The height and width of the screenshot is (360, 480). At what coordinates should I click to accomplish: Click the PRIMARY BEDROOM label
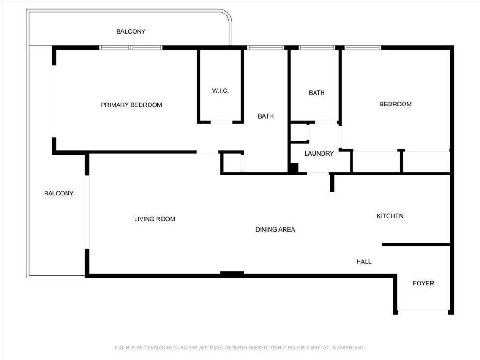[x=131, y=105]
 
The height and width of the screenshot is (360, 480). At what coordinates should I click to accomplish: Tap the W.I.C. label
[x=220, y=91]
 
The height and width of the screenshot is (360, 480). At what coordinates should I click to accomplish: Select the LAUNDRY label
[x=319, y=153]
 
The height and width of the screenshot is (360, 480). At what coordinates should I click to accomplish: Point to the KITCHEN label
[x=390, y=216]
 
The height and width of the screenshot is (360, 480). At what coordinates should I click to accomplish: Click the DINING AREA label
[x=275, y=230]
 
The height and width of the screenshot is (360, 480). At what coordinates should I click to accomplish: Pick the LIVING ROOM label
[x=155, y=219]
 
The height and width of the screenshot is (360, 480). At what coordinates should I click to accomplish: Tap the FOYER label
[x=423, y=283]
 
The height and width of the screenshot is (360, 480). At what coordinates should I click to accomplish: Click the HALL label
[x=364, y=262]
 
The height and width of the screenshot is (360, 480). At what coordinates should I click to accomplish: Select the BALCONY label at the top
[x=131, y=32]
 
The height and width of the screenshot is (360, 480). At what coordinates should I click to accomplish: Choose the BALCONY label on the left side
[x=59, y=193]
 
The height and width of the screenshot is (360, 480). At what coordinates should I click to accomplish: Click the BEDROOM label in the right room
[x=396, y=104]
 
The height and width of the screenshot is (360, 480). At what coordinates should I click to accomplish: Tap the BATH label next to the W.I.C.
[x=266, y=116]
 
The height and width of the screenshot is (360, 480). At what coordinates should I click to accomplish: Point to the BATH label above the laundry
[x=316, y=93]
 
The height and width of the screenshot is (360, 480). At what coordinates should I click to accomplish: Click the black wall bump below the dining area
[x=232, y=273]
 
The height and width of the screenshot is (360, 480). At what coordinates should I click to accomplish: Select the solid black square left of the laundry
[x=293, y=168]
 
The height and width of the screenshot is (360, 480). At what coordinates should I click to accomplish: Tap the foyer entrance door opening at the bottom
[x=423, y=310]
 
